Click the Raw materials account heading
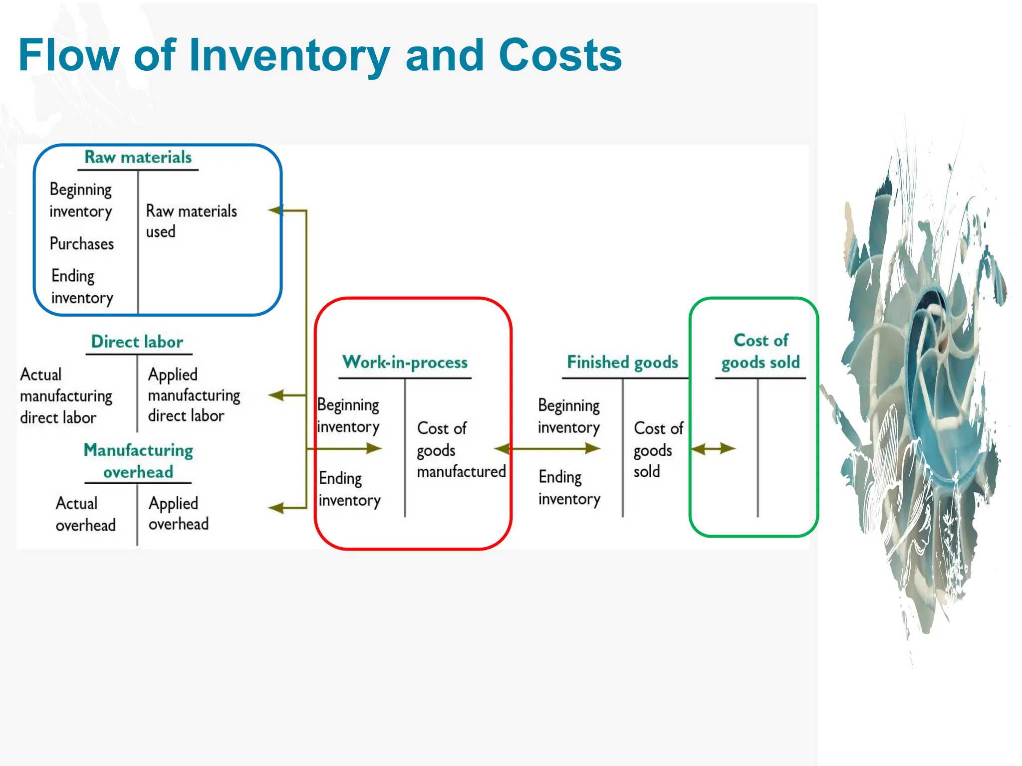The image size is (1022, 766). pos(138,158)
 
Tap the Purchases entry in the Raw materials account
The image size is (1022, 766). pos(82,244)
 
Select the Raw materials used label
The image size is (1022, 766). pos(191,221)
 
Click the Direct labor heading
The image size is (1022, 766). pos(137,342)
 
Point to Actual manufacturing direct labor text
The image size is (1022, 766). pos(66,396)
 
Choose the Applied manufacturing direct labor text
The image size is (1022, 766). pos(194,395)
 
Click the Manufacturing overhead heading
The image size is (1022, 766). pos(138,461)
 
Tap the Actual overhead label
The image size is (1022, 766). pos(85,514)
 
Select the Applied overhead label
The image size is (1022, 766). pos(178,514)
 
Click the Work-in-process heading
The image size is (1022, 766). pos(405,363)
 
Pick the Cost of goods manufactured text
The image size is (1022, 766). pos(461,450)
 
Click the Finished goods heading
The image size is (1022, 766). pos(622,363)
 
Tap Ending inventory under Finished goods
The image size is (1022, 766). pos(569,488)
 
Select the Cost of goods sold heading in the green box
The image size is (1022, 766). pos(761,351)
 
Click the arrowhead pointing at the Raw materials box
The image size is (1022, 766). pos(275,211)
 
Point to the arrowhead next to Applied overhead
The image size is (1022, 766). pos(275,508)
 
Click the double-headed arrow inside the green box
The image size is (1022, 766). pos(713,449)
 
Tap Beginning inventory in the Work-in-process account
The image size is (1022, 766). pos(348,416)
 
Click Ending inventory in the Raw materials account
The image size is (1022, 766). pos(82,287)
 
